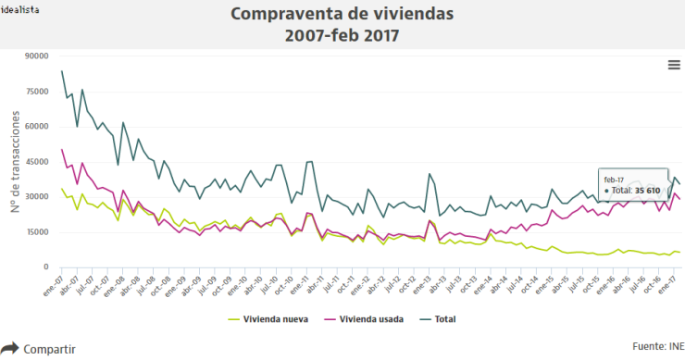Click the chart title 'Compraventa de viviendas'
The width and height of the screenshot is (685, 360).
point(342,14)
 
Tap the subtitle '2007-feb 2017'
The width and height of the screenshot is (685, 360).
point(342,36)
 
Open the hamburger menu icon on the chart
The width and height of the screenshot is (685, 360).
point(674,64)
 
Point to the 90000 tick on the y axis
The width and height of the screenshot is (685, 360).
point(35,56)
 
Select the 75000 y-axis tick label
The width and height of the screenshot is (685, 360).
point(35,92)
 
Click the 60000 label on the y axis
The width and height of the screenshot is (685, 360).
point(35,127)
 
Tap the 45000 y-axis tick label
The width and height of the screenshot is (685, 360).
point(35,162)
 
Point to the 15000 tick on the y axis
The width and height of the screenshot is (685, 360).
point(35,232)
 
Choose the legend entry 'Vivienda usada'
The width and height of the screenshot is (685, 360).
point(367,319)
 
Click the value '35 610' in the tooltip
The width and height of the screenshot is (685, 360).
point(646,191)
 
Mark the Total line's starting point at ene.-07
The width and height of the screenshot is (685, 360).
point(62,71)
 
